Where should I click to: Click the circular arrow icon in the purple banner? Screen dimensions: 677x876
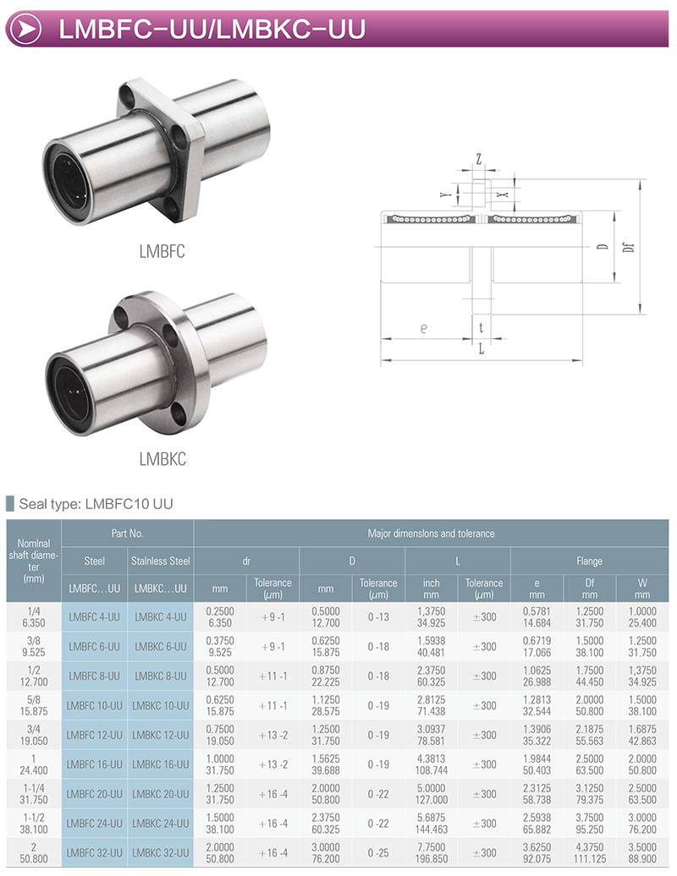[25, 29]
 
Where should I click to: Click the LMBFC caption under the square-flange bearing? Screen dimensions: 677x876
[162, 251]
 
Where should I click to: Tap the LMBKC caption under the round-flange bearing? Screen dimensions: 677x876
[162, 459]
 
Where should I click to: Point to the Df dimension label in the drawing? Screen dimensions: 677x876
[629, 246]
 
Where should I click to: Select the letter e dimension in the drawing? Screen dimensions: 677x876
[424, 328]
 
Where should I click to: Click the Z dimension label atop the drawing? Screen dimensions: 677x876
[478, 160]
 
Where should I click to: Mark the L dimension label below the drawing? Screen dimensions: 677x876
[482, 349]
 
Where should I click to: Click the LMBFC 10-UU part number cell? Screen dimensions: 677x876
[95, 705]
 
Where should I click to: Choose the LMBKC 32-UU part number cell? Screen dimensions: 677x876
[161, 853]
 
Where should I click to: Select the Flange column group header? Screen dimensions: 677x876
[589, 561]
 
